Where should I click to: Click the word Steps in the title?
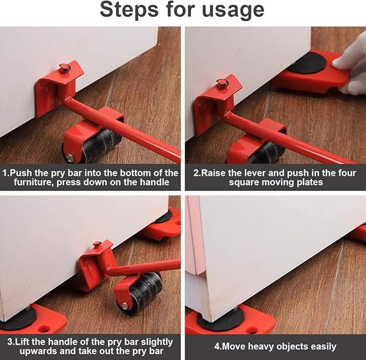133,10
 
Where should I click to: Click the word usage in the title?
233,11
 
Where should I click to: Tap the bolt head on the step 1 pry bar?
65,68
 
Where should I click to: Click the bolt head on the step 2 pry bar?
222,83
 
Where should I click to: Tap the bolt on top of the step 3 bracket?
98,246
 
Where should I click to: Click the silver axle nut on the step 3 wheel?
125,305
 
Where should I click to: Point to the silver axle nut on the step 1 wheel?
70,158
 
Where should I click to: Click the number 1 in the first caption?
6,173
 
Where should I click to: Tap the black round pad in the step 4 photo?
220,318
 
